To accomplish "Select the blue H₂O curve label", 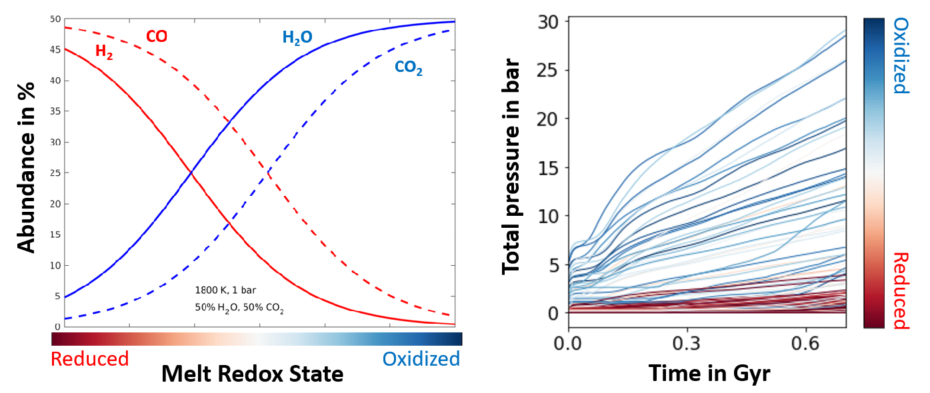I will (297, 37).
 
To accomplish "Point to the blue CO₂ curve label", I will (407, 67).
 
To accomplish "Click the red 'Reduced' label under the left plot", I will (89, 359).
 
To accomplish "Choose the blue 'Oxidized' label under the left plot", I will (421, 359).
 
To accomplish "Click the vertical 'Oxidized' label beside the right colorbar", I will (900, 56).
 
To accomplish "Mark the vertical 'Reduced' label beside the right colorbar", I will (900, 290).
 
